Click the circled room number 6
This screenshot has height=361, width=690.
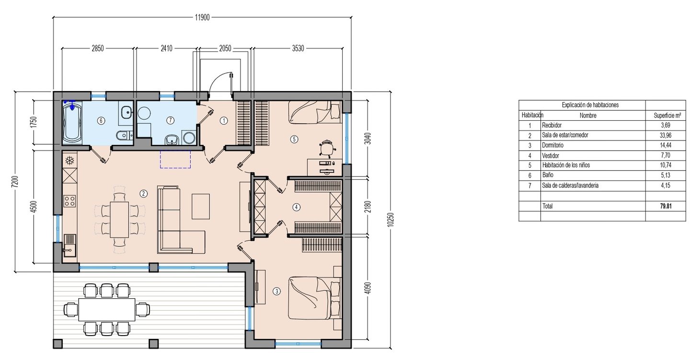(x=101, y=121)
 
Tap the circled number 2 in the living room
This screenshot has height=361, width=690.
(x=143, y=194)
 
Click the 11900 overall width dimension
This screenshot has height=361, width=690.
(x=202, y=17)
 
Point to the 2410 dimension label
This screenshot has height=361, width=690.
(x=166, y=48)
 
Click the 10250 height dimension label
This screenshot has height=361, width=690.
(x=391, y=220)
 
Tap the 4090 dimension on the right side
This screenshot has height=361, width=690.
(x=368, y=288)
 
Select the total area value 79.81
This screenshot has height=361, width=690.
(x=666, y=206)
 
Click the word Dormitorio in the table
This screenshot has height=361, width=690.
(x=552, y=145)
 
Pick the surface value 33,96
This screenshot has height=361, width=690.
(x=666, y=135)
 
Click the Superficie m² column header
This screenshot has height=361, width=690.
(x=667, y=116)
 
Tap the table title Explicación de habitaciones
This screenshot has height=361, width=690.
(x=590, y=105)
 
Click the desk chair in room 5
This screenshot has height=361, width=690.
(x=327, y=149)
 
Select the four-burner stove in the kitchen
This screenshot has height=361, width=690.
(x=69, y=201)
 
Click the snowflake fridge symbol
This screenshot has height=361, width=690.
(x=70, y=160)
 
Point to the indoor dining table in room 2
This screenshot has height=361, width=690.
(x=119, y=220)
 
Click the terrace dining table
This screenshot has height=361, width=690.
(x=107, y=310)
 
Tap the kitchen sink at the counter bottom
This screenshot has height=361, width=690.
(x=70, y=245)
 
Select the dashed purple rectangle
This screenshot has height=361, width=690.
(x=175, y=159)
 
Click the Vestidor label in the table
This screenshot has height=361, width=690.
(x=551, y=155)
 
